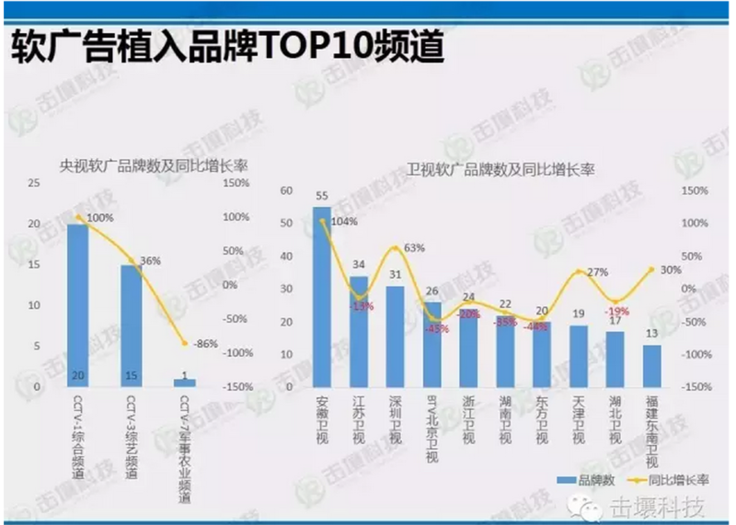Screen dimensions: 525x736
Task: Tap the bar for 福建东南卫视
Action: tap(651, 366)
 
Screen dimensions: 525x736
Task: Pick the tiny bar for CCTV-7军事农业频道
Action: tap(184, 382)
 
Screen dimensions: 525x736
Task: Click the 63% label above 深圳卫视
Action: tap(414, 247)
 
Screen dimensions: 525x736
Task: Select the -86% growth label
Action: tap(205, 344)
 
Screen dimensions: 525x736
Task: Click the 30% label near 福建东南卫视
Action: tap(671, 269)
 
